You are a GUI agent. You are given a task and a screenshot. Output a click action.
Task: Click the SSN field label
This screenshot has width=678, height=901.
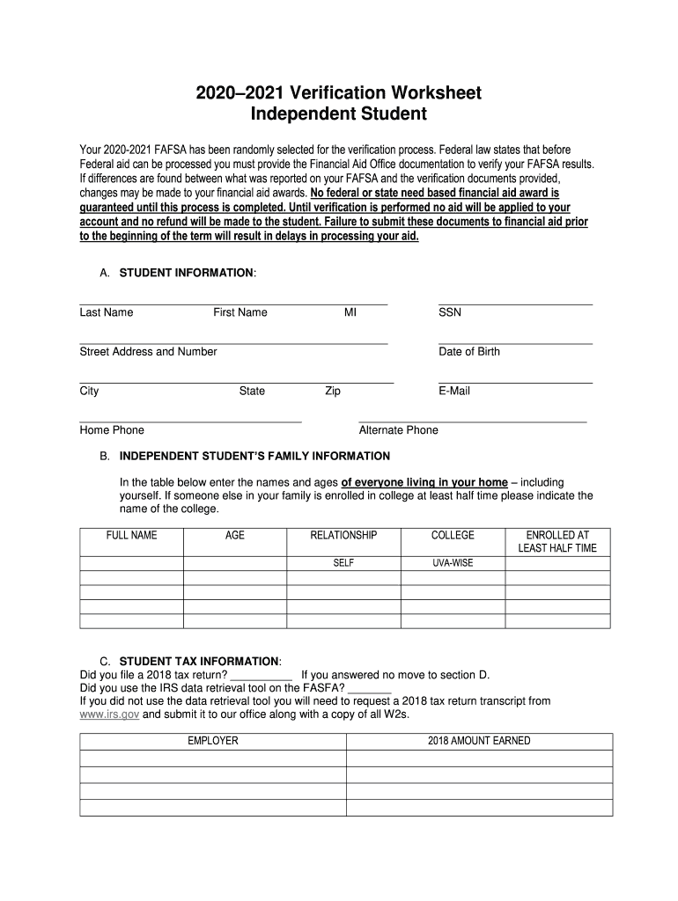(449, 312)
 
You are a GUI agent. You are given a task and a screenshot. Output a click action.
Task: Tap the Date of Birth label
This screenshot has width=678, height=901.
(468, 352)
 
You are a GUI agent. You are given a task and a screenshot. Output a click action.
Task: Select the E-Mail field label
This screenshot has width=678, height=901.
(453, 391)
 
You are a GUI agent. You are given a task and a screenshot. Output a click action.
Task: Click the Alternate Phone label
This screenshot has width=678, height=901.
(398, 430)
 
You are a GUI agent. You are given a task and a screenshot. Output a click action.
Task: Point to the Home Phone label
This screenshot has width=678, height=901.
(112, 430)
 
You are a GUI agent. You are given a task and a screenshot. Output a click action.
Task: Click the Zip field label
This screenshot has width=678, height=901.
(333, 391)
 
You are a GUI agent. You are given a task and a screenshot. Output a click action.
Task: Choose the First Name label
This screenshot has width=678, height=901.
(240, 312)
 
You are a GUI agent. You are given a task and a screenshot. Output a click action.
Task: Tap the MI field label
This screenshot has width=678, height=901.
(350, 312)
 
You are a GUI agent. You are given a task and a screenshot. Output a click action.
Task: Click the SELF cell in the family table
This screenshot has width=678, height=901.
(343, 563)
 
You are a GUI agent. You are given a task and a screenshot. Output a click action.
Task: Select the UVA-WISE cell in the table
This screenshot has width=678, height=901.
(453, 563)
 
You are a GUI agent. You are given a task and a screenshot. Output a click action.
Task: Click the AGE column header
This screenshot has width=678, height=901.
(235, 535)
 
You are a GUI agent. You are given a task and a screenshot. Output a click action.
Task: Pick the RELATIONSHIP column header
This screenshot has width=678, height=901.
(343, 535)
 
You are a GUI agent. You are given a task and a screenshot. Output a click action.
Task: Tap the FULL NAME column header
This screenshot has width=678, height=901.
(131, 535)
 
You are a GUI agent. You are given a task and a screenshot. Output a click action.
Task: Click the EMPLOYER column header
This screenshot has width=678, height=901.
(212, 741)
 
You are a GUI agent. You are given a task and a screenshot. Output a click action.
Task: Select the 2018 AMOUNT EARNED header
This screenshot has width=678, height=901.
(479, 741)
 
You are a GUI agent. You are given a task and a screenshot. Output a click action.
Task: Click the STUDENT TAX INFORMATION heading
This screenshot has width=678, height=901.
(199, 661)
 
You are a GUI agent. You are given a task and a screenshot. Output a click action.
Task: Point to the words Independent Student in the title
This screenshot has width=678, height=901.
(338, 114)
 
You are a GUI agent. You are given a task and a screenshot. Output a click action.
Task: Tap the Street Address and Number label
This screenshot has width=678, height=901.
(148, 352)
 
